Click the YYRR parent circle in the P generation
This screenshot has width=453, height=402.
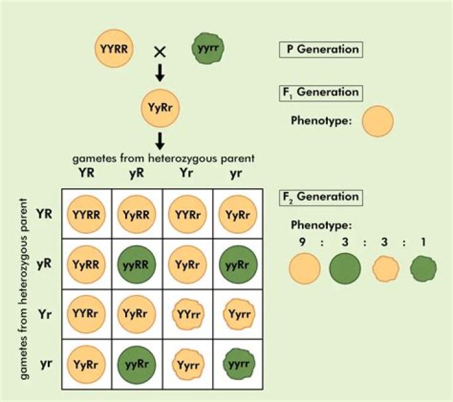[x=115, y=49]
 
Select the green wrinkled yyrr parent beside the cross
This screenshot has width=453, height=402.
[x=208, y=49]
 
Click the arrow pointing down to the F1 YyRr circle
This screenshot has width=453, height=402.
[x=160, y=74]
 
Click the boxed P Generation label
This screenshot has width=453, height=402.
[x=320, y=49]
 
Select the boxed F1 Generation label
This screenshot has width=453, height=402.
[x=320, y=92]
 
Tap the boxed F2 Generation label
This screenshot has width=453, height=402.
[x=320, y=196]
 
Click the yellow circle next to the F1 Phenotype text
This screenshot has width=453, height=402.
[x=377, y=121]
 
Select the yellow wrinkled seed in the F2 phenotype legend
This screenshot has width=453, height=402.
[x=386, y=269]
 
